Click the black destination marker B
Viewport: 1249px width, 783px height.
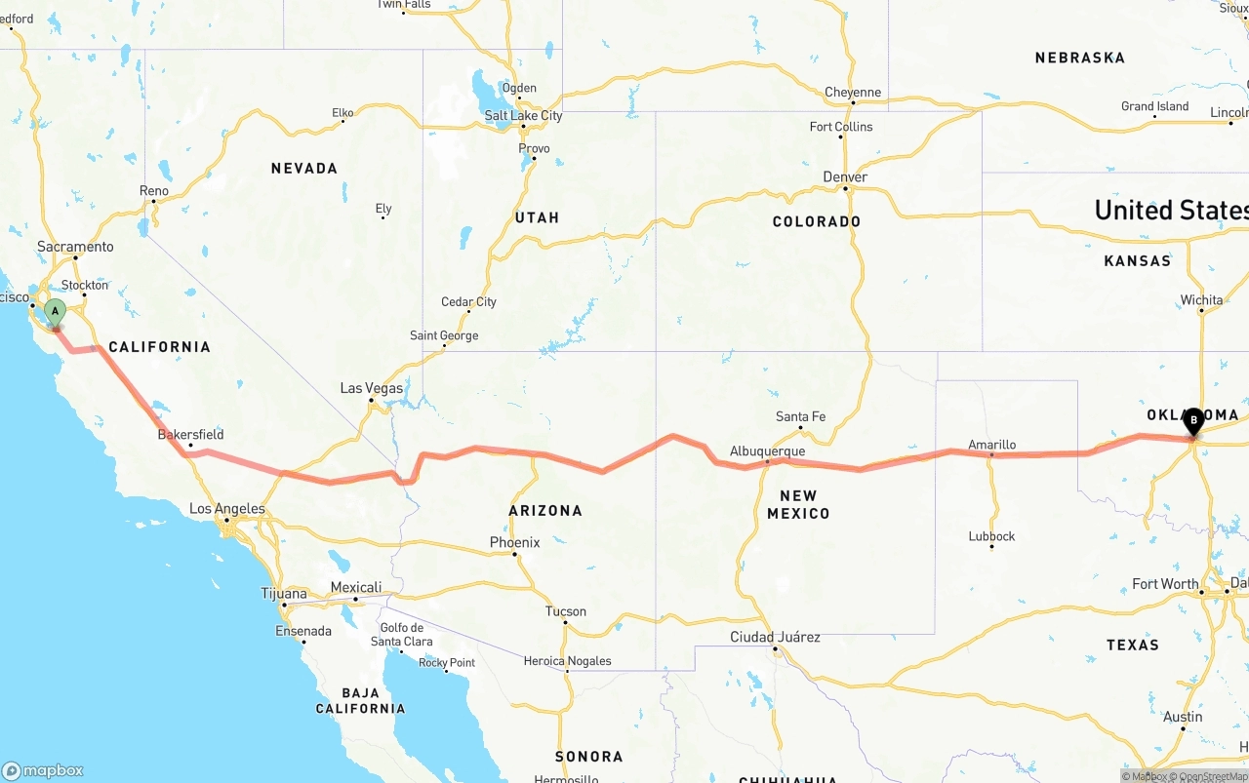coord(1192,421)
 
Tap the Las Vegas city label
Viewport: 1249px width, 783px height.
coord(371,388)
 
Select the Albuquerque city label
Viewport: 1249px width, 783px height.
coord(767,451)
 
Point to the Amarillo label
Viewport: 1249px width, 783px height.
coord(991,445)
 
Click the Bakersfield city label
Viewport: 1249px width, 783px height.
coord(190,434)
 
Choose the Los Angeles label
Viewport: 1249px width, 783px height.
coord(226,508)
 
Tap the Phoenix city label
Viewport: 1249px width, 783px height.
coord(514,542)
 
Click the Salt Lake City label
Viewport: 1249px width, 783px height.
coord(524,115)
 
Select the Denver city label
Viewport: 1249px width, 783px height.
coord(844,176)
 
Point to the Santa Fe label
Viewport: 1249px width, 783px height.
coord(800,416)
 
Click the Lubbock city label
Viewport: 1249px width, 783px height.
coord(991,535)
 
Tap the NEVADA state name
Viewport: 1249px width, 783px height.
coord(303,169)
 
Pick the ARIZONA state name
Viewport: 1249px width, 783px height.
coord(544,510)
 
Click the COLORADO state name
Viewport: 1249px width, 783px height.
coord(816,221)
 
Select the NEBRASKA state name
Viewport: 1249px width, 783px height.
coord(1079,58)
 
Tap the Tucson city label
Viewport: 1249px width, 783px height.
coord(566,611)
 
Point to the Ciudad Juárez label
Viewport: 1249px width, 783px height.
coord(775,637)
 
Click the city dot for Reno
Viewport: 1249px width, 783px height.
coord(153,202)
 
